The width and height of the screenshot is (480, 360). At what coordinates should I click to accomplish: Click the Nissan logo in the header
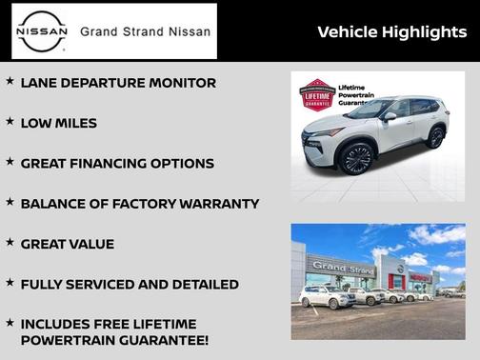coord(42,31)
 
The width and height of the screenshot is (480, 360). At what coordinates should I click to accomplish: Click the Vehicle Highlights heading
coord(391,32)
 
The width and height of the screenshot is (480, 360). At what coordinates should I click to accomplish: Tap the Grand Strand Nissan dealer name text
coord(145,31)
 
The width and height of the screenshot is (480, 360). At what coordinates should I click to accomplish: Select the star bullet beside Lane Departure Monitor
coord(10,82)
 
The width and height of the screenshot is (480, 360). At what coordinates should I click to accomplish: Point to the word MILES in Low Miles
coord(74,124)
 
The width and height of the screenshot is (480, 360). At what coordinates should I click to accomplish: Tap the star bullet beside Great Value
coord(10,243)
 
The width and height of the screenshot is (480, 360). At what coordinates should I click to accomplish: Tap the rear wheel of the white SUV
coord(436,137)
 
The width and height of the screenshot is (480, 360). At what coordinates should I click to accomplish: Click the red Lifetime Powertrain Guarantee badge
coord(319,96)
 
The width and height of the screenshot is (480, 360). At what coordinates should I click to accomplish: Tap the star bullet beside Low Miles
coord(10,122)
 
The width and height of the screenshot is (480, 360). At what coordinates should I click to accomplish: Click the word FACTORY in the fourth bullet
coord(142,204)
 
